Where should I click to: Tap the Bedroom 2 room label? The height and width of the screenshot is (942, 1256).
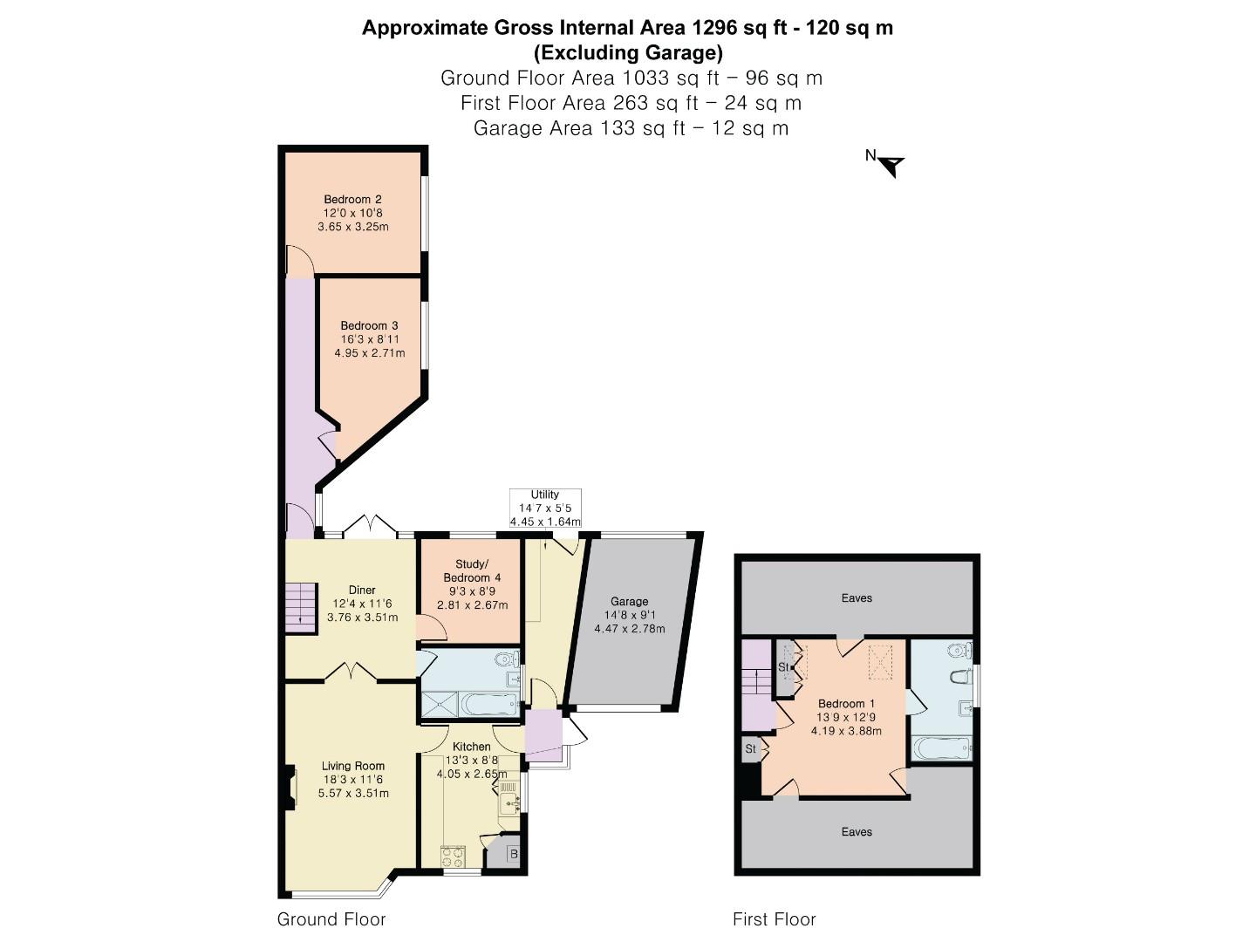(352, 200)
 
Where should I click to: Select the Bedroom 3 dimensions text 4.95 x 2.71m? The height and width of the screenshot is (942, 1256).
(369, 353)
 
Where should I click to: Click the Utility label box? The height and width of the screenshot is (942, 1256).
(545, 508)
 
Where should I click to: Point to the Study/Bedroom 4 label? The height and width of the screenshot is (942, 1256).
(472, 570)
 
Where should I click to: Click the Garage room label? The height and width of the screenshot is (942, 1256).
(629, 601)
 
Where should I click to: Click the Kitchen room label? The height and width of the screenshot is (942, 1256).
(471, 747)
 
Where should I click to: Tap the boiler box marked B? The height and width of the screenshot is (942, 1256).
(513, 854)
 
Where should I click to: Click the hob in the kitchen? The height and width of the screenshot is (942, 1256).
(453, 854)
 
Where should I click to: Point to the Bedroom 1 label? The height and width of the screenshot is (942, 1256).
(846, 704)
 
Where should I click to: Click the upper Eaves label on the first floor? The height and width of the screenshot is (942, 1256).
(857, 598)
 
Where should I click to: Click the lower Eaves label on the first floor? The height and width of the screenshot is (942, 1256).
(857, 832)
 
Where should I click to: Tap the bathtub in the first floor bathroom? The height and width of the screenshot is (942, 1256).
(942, 747)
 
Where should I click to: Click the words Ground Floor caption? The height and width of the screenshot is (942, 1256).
(331, 919)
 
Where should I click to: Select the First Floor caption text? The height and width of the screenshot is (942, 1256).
(774, 919)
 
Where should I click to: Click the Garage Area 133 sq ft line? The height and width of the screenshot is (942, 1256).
(631, 128)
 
